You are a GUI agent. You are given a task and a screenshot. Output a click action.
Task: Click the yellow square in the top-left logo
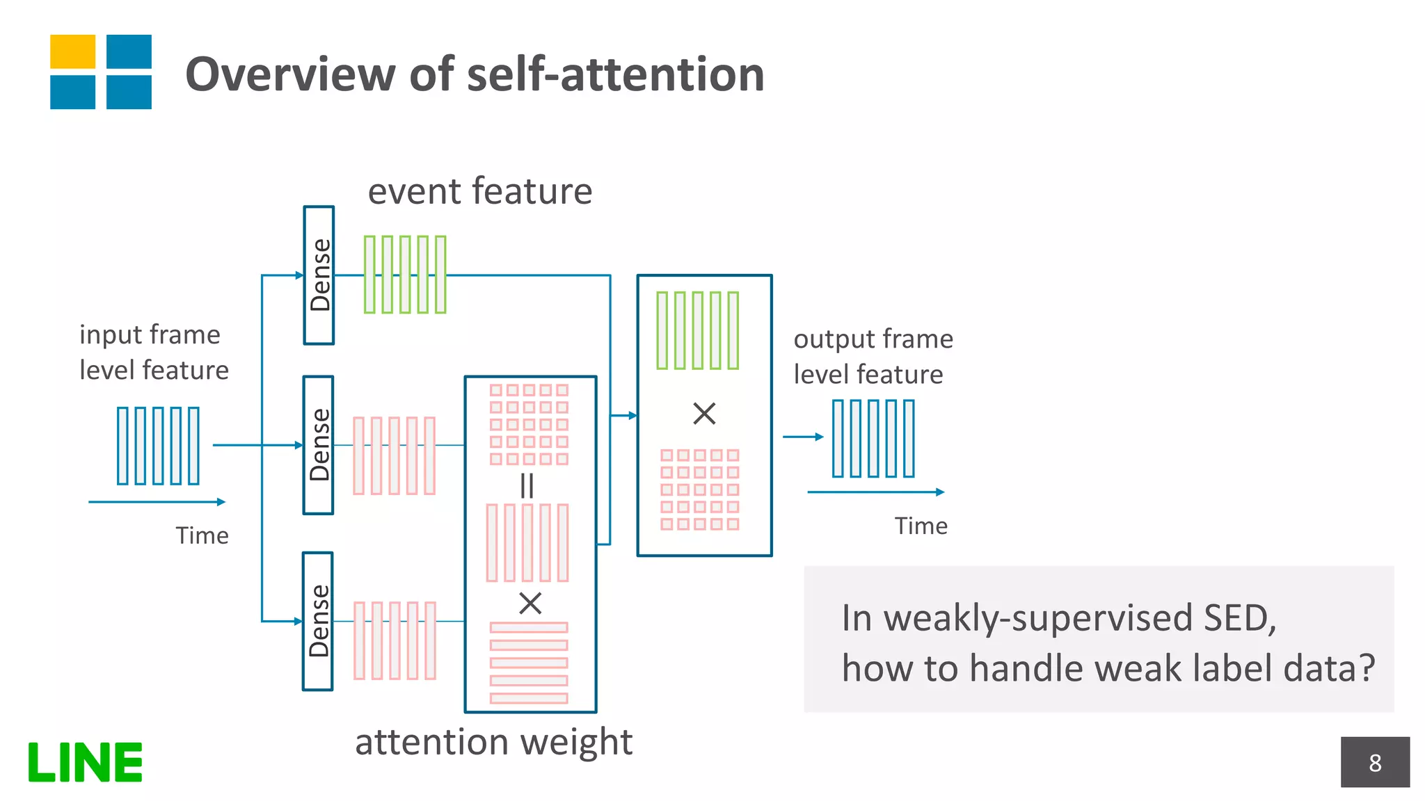coord(72,51)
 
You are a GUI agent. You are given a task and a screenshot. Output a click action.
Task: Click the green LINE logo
coord(85,762)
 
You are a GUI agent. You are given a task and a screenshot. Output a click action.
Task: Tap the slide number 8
coord(1374,763)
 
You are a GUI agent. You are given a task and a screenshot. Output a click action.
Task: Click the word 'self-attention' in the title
coord(615,74)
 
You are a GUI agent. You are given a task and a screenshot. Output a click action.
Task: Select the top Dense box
coord(319,275)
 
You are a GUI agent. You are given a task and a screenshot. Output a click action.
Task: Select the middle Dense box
coord(319,445)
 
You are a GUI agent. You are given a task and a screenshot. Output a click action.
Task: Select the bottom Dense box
coord(318,621)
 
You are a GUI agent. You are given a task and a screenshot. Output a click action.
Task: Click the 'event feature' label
coord(479,191)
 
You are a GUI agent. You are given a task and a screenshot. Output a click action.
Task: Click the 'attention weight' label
coord(493,742)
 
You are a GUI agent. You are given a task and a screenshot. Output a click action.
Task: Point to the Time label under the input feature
coord(202,535)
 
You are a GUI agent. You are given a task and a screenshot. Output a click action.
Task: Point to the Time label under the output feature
coord(921,526)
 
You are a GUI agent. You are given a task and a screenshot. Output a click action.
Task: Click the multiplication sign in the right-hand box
coord(704,414)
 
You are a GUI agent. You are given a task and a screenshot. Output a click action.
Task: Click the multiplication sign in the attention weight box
coord(530,603)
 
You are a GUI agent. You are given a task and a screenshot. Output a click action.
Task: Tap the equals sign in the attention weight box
coord(527,485)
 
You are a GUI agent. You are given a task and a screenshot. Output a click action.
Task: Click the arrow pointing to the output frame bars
coord(803,437)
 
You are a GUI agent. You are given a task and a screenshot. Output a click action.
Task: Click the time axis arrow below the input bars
coord(157,501)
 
